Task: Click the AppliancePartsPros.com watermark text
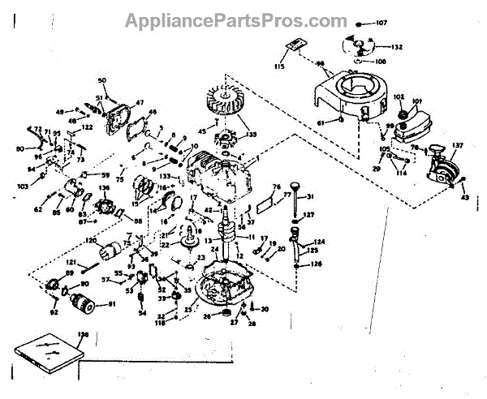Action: [235, 20]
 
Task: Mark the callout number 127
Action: [309, 215]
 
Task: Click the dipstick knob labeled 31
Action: [295, 191]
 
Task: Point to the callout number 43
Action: [464, 198]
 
